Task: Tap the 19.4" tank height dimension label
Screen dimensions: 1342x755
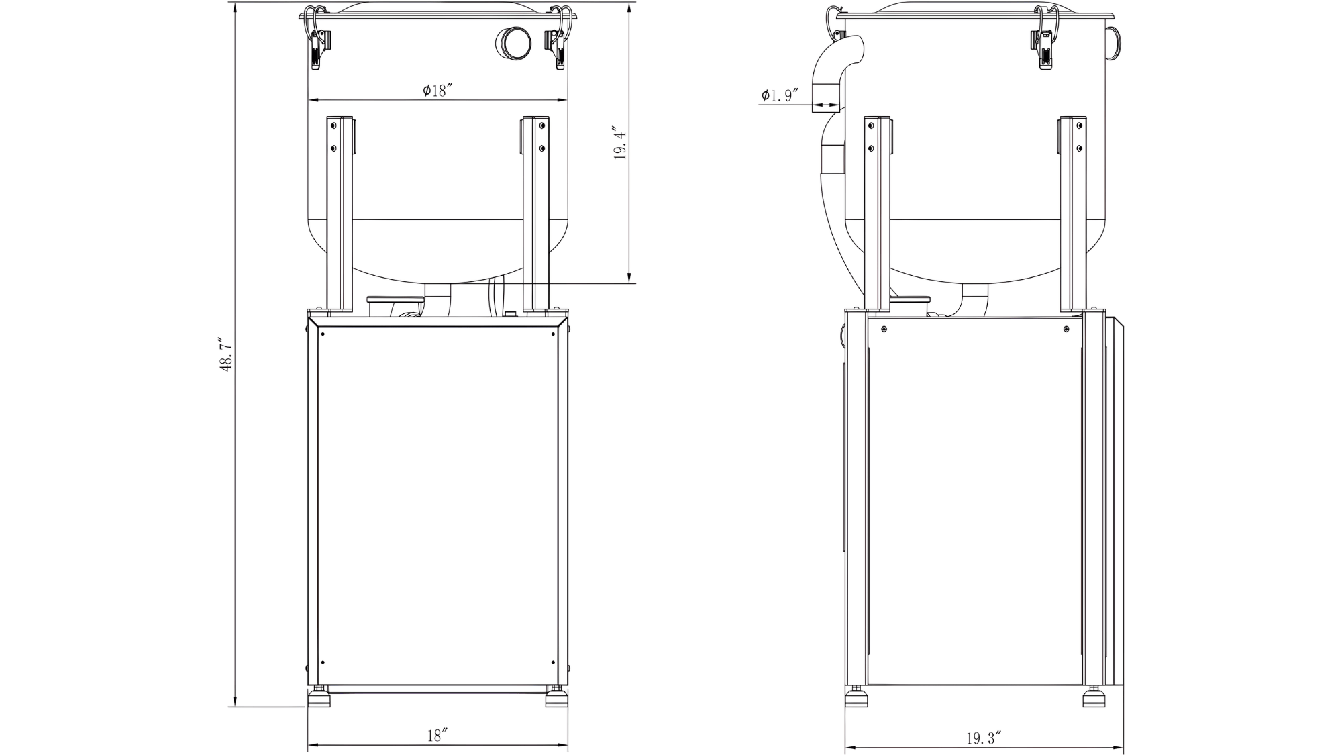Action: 620,144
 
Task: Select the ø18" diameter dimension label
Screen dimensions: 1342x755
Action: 438,90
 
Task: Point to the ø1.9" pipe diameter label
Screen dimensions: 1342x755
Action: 779,95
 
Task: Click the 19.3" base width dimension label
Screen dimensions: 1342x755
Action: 984,738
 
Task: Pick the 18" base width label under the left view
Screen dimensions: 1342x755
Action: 437,735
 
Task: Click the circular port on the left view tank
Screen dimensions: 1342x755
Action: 513,44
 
